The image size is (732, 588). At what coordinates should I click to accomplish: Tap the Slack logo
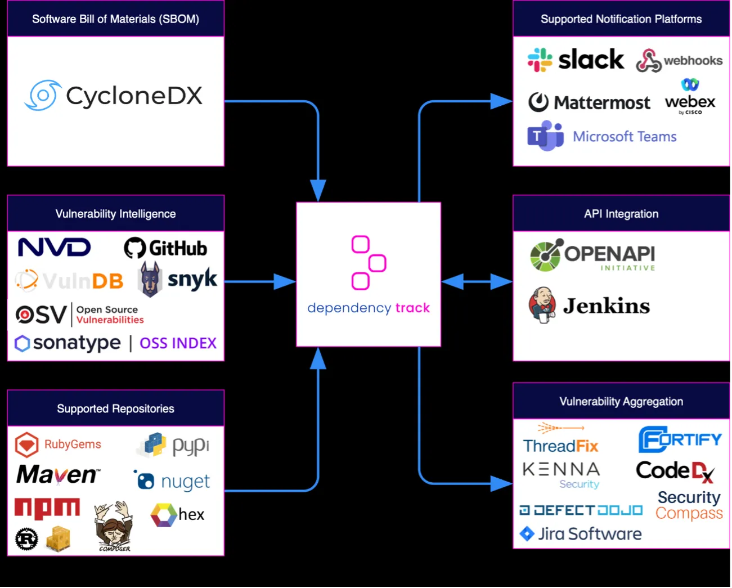[575, 60]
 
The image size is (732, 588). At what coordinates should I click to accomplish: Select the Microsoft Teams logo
[601, 137]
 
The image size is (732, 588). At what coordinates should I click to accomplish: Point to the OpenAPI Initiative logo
[592, 255]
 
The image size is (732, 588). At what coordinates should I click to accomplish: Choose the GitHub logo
[165, 248]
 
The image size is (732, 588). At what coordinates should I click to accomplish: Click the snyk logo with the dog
[178, 279]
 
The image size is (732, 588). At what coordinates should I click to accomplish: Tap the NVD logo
[54, 248]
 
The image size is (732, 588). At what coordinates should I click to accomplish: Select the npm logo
[47, 508]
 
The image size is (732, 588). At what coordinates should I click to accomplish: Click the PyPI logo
[174, 446]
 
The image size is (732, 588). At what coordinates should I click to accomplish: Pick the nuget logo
[172, 481]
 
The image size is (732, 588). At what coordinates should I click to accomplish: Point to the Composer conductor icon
[114, 526]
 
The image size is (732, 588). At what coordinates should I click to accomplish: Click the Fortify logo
[680, 439]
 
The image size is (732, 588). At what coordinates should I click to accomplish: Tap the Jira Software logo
[580, 534]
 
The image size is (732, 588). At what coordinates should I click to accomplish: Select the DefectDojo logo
[580, 510]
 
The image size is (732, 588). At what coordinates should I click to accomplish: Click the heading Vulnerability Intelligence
[115, 214]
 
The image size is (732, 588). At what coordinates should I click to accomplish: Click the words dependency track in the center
[369, 308]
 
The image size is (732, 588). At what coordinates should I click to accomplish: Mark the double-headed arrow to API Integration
[477, 281]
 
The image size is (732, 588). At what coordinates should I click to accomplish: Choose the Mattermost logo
[589, 102]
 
